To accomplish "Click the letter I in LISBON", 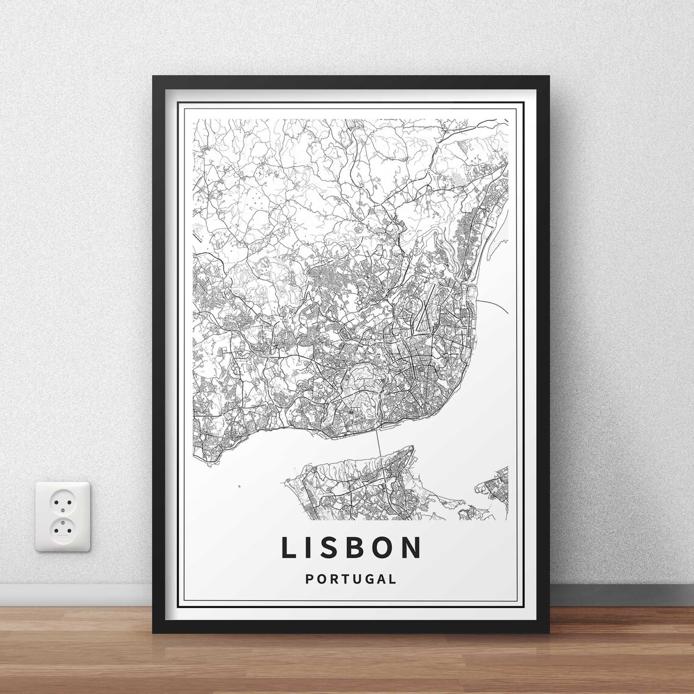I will point(313,547).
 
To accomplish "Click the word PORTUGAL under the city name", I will point(351,579).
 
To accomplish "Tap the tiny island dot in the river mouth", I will point(239,486).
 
